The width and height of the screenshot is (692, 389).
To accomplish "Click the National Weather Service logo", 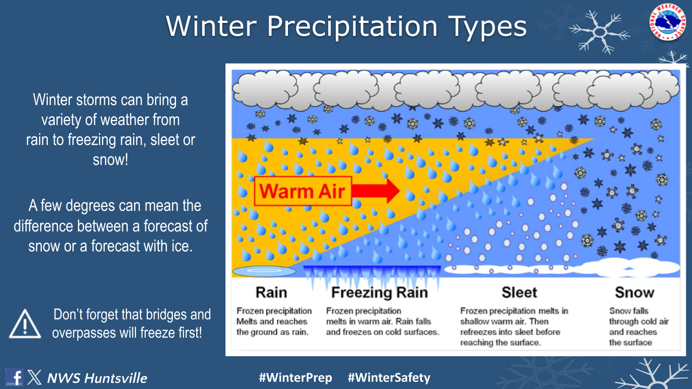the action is (x=668, y=22).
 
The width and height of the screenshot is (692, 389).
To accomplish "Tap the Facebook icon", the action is (x=14, y=377).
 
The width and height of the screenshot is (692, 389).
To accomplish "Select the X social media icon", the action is (x=34, y=377).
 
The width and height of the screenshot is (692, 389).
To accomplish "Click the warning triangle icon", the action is (x=25, y=323).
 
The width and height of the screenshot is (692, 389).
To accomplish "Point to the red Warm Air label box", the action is (x=303, y=191).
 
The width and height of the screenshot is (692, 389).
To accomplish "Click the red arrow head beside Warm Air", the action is (x=392, y=190).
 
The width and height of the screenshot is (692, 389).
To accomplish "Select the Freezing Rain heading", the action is (x=380, y=292).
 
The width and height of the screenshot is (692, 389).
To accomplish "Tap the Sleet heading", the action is (x=519, y=292).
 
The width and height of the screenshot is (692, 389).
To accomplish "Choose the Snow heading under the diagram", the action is (x=635, y=292).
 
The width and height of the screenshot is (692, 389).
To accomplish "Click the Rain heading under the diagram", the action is (x=271, y=292).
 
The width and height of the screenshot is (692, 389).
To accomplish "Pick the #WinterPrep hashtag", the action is (x=295, y=378).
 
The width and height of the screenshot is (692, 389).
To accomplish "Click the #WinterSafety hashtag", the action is (x=389, y=378).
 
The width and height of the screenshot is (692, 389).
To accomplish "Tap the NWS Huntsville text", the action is (x=97, y=378).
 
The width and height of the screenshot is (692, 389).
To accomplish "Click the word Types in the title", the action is (x=487, y=27).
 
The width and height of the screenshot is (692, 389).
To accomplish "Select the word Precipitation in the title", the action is (x=352, y=27).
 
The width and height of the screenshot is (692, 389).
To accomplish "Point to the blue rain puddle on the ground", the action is (x=264, y=271).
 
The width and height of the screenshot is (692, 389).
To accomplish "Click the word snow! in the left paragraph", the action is (x=110, y=160).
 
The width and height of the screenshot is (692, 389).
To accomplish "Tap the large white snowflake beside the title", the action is (x=599, y=32).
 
